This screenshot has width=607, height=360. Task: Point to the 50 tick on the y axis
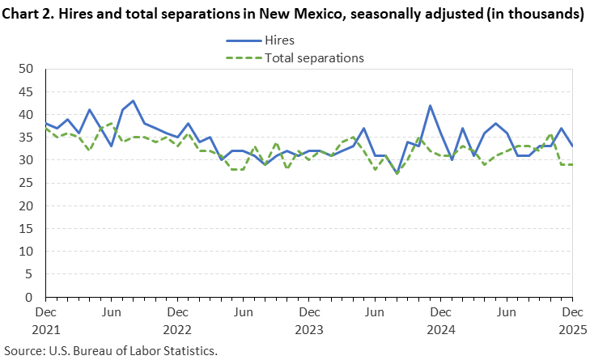pos(25,69)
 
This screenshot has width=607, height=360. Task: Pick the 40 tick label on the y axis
pos(25,114)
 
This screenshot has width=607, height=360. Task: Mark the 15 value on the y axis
pos(25,229)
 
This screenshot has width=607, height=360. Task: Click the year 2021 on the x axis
pos(45,329)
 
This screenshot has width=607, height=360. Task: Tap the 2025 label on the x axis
pos(571,329)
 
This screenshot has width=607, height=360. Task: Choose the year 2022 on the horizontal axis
pos(177,329)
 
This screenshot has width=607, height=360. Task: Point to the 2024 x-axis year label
pos(440,329)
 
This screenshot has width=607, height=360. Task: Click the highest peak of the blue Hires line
pos(133,101)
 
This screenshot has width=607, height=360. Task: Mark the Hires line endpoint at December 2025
pos(572,146)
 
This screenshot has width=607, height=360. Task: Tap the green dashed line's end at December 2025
pos(572,165)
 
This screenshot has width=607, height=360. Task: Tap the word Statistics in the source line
pos(188,351)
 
